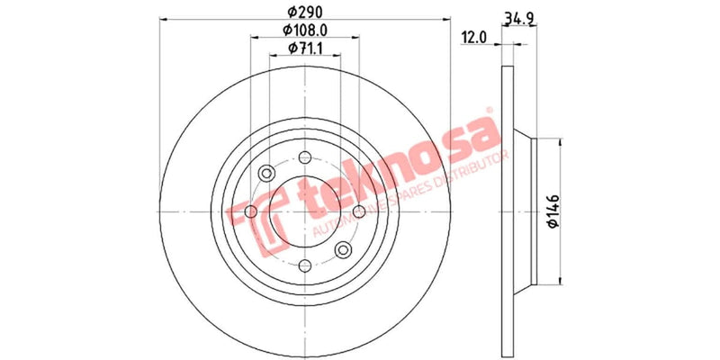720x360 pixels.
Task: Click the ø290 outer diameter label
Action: click(306, 13)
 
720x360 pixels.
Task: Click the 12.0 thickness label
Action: click(473, 38)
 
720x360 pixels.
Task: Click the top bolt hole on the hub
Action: click(306, 157)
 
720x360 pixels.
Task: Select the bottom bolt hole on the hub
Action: click(306, 265)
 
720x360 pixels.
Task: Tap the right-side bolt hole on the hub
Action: click(360, 211)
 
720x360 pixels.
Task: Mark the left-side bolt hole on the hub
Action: click(252, 211)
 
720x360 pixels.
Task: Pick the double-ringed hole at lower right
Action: click(344, 249)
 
